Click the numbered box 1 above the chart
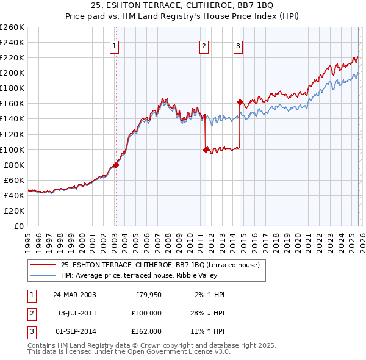coord(115,46)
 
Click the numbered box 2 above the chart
coord(204,46)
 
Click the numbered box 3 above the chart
coord(238,46)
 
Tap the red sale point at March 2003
coord(116,165)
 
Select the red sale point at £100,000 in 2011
coord(206,149)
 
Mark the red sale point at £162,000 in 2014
coord(240,102)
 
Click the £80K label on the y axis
coord(14,165)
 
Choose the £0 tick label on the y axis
coord(19,226)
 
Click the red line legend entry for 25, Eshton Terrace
coord(160,265)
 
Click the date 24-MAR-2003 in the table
coord(74,295)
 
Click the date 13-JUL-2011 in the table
coord(74,313)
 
